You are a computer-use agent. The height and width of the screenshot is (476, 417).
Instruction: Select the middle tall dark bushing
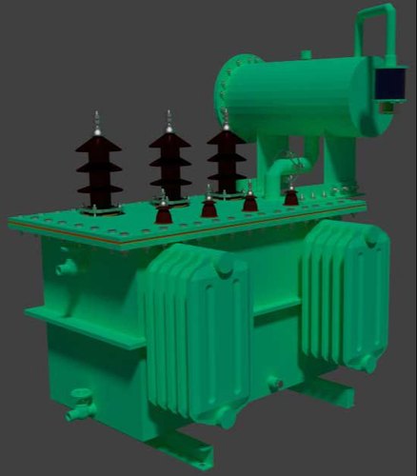coord(169,162)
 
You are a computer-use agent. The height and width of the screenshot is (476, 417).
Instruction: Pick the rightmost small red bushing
coord(290,195)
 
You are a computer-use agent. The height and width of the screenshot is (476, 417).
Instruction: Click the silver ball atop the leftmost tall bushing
coord(96,117)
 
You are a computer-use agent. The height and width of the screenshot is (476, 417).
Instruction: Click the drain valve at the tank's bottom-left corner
coord(78,408)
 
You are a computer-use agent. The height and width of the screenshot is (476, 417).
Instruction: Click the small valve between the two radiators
coord(276,384)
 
